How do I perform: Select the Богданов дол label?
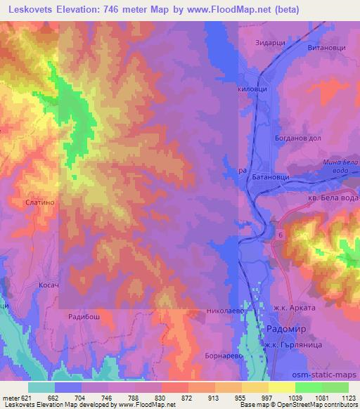point(297,138)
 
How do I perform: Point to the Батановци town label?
point(267,178)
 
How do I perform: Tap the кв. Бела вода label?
point(333,200)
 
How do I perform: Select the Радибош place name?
point(83,317)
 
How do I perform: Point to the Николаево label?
point(225,310)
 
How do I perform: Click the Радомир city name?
point(285,328)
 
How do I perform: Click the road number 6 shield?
point(280,234)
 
